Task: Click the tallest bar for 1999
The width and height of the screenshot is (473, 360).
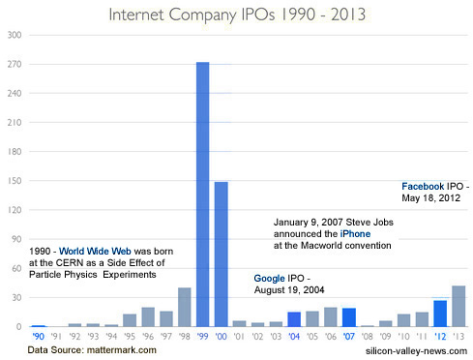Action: pos(203,194)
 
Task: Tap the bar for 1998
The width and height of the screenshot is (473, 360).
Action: pos(184,307)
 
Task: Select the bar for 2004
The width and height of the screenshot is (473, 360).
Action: pos(293,318)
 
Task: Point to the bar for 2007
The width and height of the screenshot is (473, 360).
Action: pos(349,316)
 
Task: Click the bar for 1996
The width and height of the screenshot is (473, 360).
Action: pos(148,316)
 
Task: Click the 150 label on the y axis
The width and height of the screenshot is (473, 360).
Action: pos(15,180)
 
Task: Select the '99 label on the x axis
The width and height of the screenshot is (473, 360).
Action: pos(203,336)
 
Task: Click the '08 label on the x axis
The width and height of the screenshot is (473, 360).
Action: pos(368,336)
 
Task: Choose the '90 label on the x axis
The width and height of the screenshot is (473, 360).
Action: pos(38,336)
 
